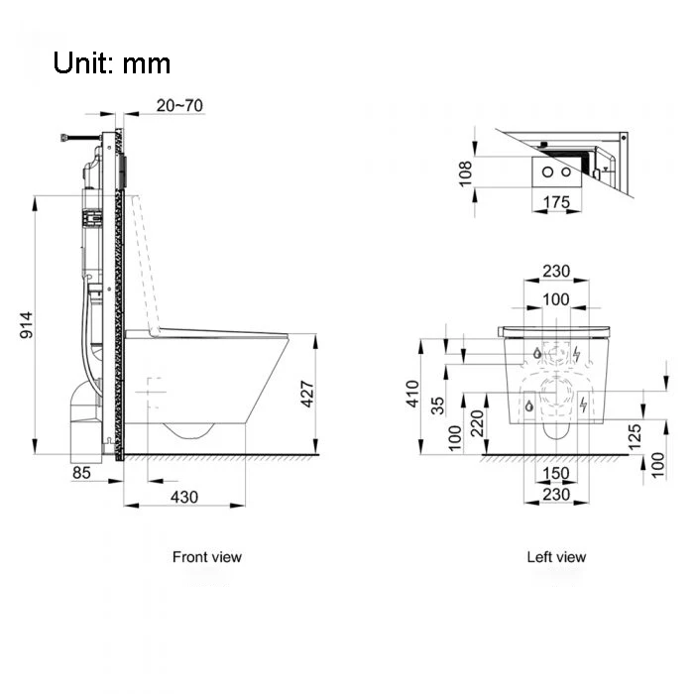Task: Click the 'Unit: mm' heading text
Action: point(112,63)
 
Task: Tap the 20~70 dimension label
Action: point(180,105)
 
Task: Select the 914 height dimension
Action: point(29,327)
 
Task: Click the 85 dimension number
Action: point(80,473)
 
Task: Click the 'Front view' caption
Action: point(206,557)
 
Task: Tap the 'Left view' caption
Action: point(555,557)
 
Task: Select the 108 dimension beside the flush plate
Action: point(466,173)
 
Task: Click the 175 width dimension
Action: point(557,203)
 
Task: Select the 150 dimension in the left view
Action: point(556,473)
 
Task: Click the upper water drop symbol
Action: point(534,353)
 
